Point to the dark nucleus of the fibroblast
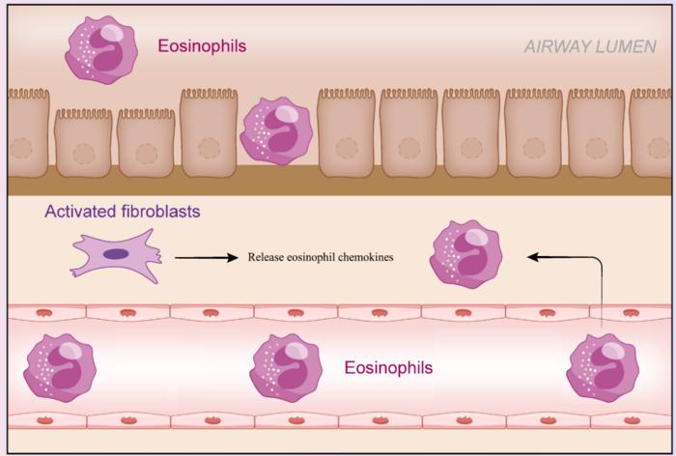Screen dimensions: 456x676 coord(116,254)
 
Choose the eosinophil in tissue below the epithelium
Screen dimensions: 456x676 coord(465,255)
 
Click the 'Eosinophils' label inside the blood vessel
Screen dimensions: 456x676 coord(388,368)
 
